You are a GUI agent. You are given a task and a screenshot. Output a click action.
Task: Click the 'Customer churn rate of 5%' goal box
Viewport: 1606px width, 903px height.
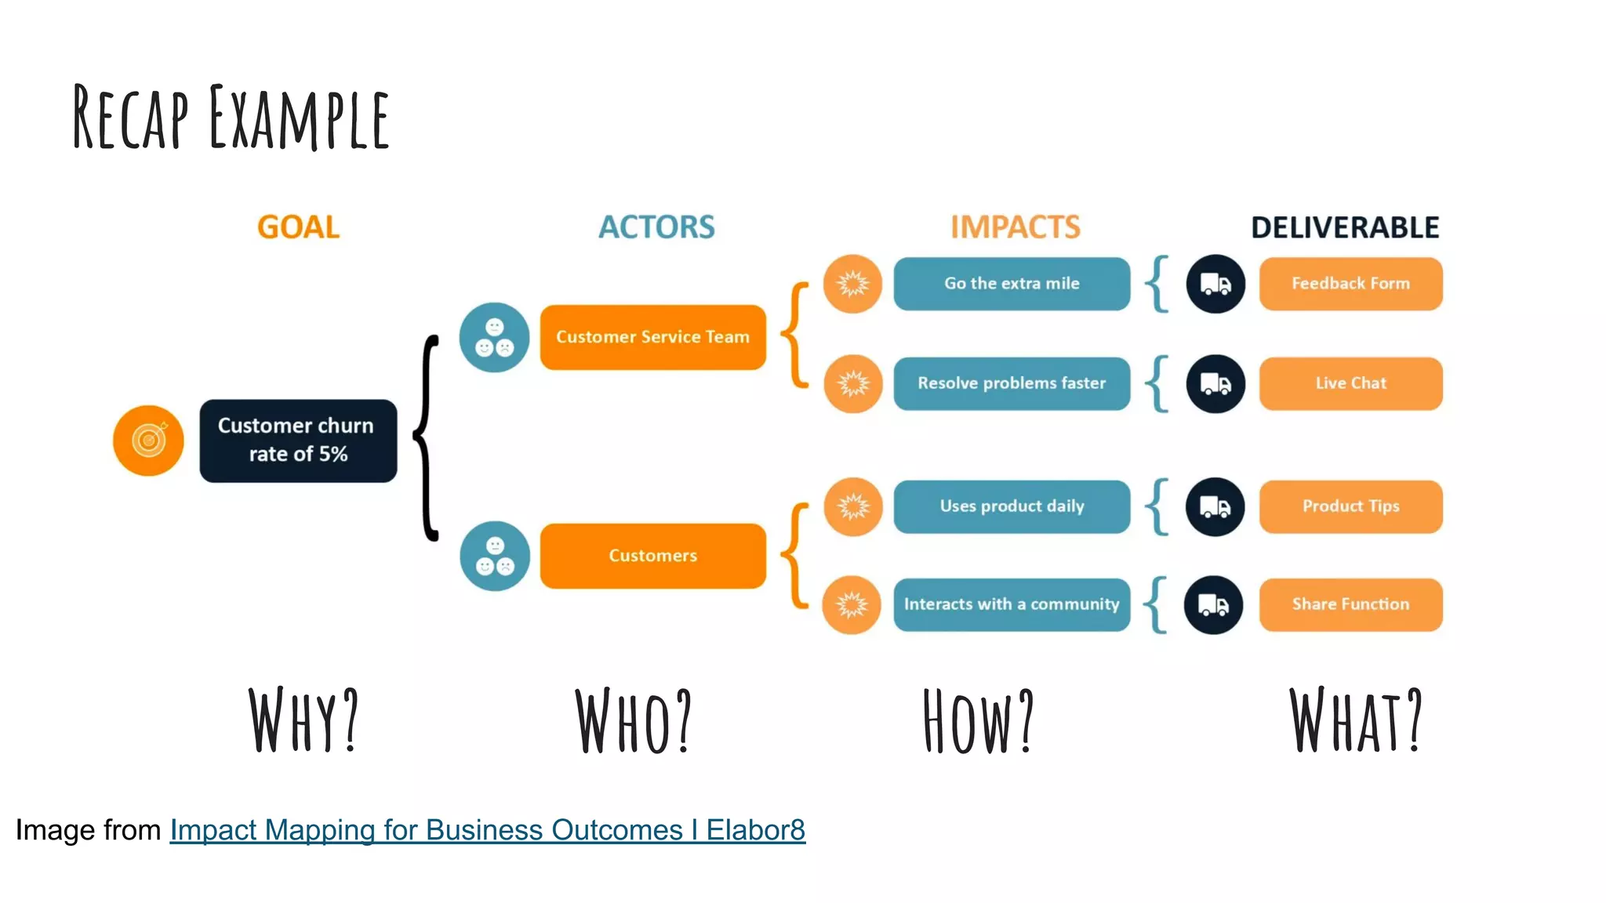coord(298,441)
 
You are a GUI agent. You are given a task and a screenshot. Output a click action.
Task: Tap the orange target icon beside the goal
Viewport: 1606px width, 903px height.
coord(148,441)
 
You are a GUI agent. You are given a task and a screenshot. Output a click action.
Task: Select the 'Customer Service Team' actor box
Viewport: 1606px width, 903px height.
coord(652,337)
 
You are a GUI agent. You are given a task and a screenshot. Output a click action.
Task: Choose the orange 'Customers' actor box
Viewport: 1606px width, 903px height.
coord(652,556)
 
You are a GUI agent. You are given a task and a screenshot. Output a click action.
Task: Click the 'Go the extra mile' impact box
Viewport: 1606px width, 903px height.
coord(1012,284)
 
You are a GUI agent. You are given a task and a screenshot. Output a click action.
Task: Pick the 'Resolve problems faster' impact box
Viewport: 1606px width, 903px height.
coord(1012,383)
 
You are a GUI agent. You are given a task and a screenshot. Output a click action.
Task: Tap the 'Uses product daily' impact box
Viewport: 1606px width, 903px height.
coord(1012,506)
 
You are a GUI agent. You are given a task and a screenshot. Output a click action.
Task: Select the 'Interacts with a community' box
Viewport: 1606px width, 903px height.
coord(1012,604)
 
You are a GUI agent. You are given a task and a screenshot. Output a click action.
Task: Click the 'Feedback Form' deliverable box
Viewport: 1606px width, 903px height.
coord(1350,284)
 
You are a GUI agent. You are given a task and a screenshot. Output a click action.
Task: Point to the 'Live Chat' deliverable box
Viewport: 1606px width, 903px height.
coord(1350,383)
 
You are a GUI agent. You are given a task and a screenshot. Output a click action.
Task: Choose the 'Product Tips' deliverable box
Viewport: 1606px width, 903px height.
coord(1350,506)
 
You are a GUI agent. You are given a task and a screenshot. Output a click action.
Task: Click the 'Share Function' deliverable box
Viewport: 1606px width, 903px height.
coord(1350,604)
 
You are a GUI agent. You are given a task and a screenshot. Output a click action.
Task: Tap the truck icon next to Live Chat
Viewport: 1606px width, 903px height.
coord(1215,384)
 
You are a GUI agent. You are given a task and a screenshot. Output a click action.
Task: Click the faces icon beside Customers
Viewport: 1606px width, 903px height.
coord(495,556)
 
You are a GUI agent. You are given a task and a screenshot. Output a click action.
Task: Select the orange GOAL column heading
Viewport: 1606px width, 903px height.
coord(298,227)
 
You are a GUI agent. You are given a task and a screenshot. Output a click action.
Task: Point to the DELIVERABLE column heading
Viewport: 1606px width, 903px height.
coord(1345,227)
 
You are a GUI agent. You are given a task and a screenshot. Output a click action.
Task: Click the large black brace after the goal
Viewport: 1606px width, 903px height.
coord(427,439)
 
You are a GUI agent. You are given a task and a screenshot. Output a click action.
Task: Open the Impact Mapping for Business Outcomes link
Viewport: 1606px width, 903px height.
coord(487,830)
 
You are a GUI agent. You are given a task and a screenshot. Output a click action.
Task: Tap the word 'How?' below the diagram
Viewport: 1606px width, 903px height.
coord(979,721)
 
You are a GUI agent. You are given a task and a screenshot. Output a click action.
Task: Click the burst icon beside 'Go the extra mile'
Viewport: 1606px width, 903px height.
coord(852,284)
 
